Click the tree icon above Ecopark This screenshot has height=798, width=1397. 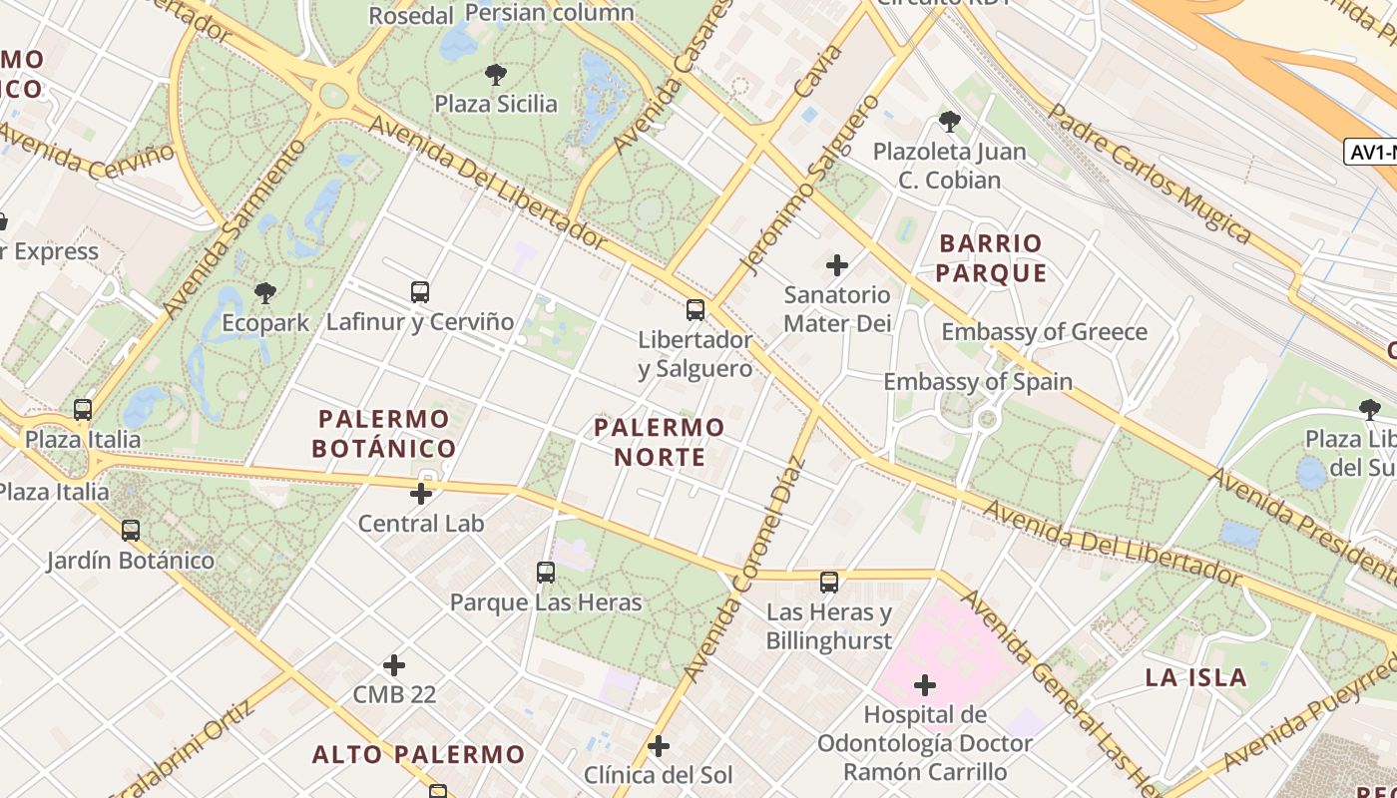(x=264, y=292)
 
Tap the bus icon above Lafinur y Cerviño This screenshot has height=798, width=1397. (x=420, y=292)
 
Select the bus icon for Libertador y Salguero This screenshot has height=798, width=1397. (x=696, y=310)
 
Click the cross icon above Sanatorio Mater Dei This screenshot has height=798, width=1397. (x=837, y=265)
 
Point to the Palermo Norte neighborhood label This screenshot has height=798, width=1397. (x=660, y=442)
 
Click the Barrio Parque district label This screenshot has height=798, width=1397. (x=992, y=258)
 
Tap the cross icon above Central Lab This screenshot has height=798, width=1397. (x=421, y=493)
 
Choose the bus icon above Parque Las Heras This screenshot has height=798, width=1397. (x=546, y=573)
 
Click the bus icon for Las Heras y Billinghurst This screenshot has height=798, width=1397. (x=829, y=583)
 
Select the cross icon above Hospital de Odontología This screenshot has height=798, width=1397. (x=925, y=685)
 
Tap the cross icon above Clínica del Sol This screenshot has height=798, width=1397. (x=658, y=745)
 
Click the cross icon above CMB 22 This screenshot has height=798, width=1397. (x=394, y=664)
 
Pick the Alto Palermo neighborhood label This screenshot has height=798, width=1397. (x=418, y=754)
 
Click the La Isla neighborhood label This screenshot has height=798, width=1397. (x=1195, y=678)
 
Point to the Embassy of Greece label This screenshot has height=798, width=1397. (x=1044, y=332)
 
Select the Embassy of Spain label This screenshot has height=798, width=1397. (x=978, y=382)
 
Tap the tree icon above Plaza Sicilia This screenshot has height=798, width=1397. (x=495, y=74)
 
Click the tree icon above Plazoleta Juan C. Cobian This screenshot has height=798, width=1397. (x=949, y=122)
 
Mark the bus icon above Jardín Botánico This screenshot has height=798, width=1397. (x=131, y=531)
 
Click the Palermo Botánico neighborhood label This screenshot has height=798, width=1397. (x=384, y=433)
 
